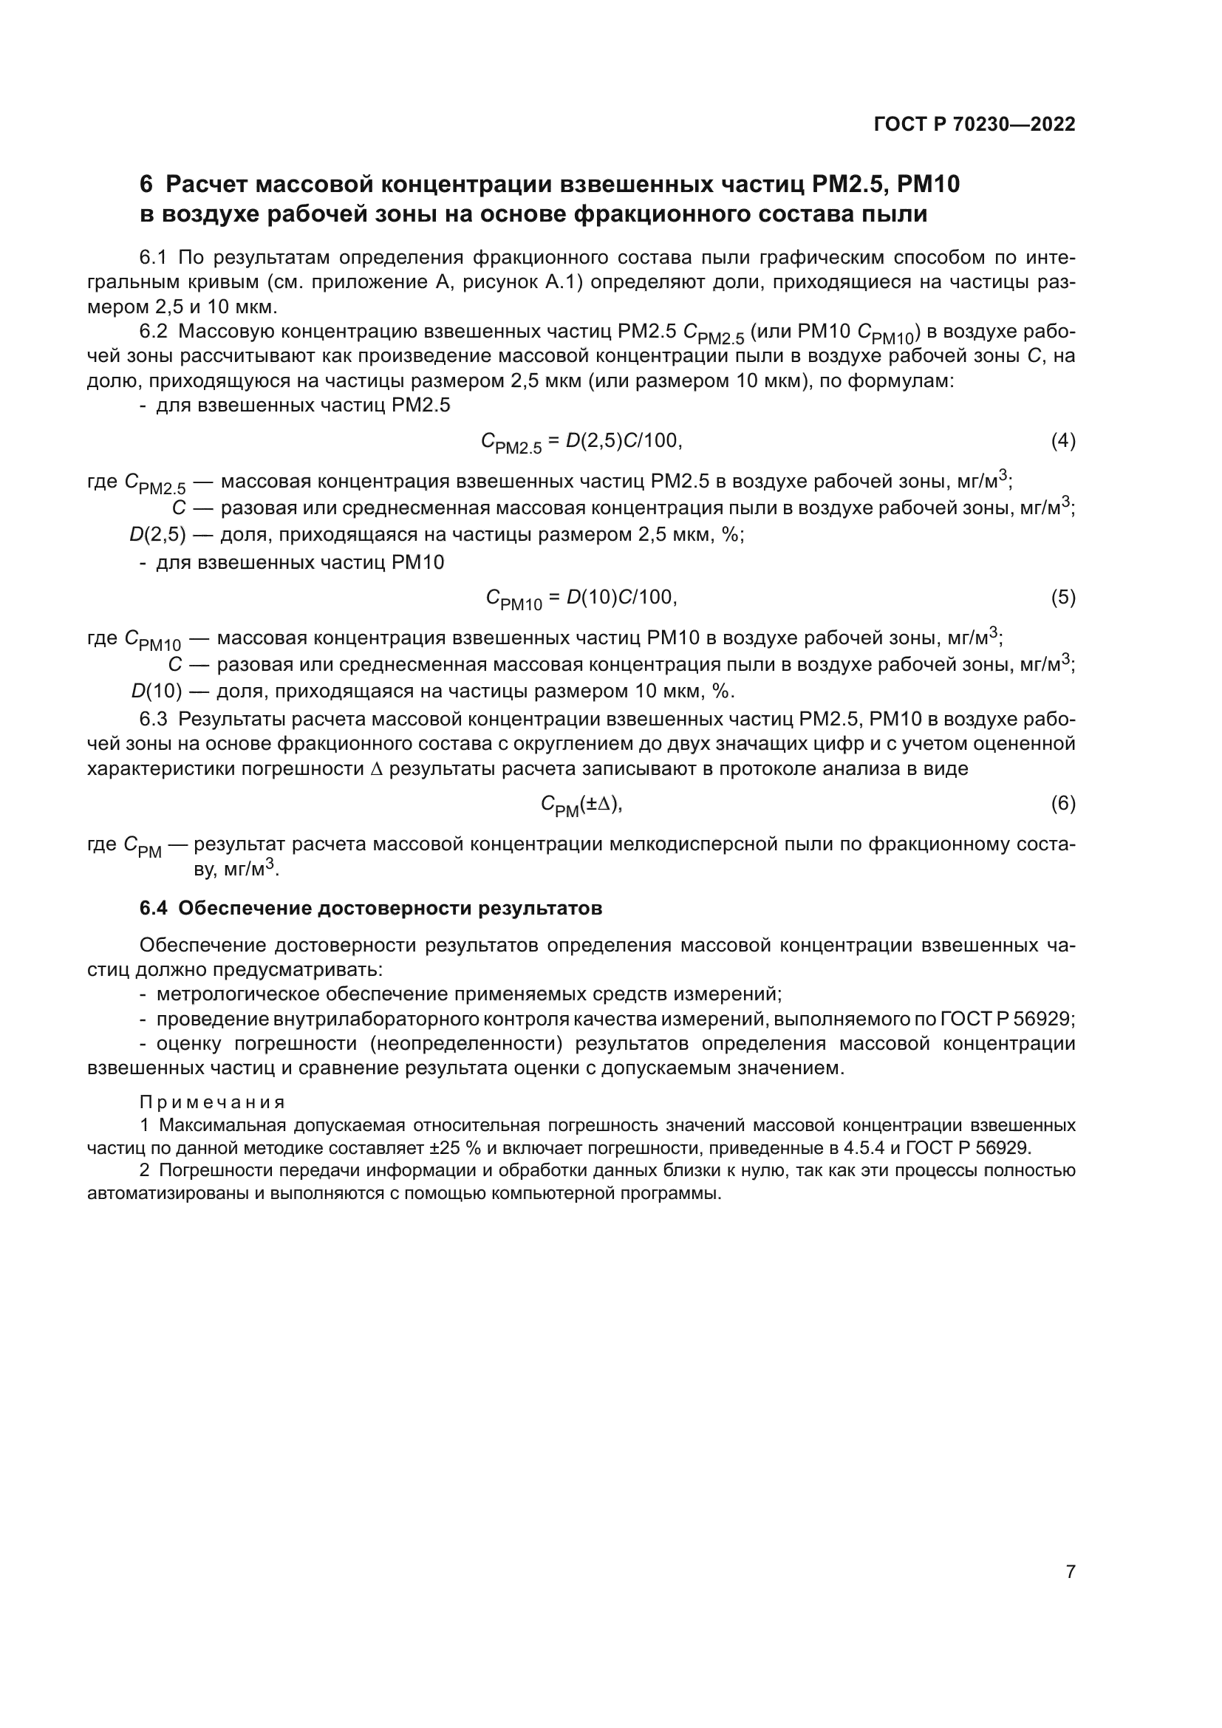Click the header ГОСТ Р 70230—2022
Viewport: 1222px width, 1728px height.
pos(974,124)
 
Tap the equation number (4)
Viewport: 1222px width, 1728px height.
pos(1062,441)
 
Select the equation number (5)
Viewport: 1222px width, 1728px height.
pos(1062,598)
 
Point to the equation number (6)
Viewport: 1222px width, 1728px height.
pos(1062,804)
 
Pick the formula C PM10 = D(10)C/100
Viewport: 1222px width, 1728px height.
pos(581,599)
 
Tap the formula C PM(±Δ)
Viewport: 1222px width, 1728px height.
pos(581,805)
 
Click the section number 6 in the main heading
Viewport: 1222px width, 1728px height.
pos(146,185)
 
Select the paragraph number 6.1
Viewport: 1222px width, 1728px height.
pos(153,258)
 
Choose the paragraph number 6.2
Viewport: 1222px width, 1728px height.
pos(153,332)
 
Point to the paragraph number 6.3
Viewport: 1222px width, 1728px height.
pos(153,720)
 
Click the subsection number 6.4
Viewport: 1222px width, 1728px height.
pos(153,909)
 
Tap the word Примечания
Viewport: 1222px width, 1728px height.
pos(212,1102)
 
